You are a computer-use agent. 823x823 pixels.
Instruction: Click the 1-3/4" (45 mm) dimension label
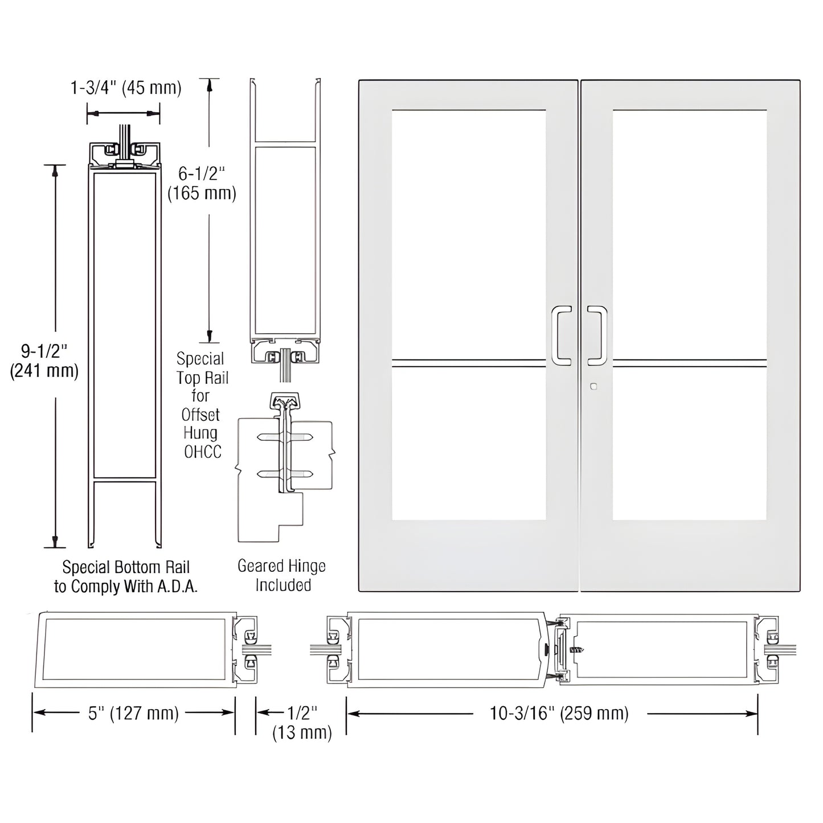(126, 88)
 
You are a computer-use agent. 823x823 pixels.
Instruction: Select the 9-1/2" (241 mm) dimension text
(44, 361)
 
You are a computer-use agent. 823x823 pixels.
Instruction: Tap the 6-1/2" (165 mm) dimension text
(202, 183)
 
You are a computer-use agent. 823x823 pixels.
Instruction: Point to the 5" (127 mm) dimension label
(133, 713)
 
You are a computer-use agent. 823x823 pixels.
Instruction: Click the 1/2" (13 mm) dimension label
(302, 722)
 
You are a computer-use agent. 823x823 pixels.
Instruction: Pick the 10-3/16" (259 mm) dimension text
(559, 713)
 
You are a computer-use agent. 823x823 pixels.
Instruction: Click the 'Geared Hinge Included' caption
(282, 575)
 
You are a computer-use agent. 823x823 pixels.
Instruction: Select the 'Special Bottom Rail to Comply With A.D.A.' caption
(126, 577)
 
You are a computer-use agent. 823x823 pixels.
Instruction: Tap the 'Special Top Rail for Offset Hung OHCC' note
(200, 405)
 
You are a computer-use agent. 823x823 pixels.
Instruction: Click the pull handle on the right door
(597, 335)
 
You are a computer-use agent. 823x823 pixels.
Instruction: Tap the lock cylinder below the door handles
(594, 386)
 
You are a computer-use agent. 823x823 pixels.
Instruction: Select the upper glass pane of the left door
(468, 234)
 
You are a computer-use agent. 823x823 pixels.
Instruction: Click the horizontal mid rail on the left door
(468, 361)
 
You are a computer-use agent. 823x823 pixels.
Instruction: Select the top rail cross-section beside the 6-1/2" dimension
(285, 228)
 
